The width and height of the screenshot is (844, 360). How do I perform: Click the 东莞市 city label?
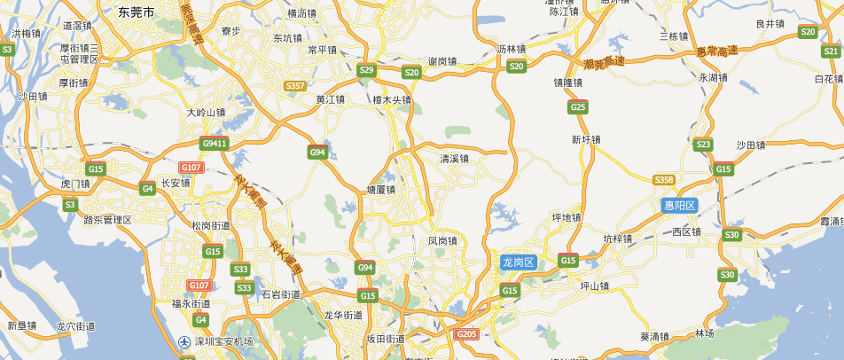click(136, 12)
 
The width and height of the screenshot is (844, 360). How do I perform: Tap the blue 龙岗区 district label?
click(518, 262)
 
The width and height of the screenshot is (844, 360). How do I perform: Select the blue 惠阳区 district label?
click(681, 205)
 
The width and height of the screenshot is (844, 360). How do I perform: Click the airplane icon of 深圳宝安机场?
click(184, 341)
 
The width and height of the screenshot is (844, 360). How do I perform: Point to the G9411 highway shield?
click(215, 143)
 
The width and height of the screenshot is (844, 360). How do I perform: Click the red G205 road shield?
click(466, 334)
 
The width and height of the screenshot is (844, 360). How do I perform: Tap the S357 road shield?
click(296, 86)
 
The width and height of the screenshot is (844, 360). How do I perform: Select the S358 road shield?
click(664, 180)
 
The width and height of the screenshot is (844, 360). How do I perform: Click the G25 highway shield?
click(578, 107)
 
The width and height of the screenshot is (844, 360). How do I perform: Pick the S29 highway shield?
click(366, 70)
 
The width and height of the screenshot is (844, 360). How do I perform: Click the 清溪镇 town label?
click(455, 159)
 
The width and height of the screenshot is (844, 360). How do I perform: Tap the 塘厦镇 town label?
click(380, 190)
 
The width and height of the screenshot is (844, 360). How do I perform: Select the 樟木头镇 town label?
click(392, 100)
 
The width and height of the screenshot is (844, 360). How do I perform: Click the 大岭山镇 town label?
click(207, 113)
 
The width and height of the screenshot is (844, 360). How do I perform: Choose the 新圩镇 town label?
click(586, 139)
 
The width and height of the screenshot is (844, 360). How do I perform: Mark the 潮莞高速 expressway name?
click(605, 63)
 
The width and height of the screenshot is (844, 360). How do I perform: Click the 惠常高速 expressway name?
click(716, 51)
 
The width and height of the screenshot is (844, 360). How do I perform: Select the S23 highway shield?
click(704, 145)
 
